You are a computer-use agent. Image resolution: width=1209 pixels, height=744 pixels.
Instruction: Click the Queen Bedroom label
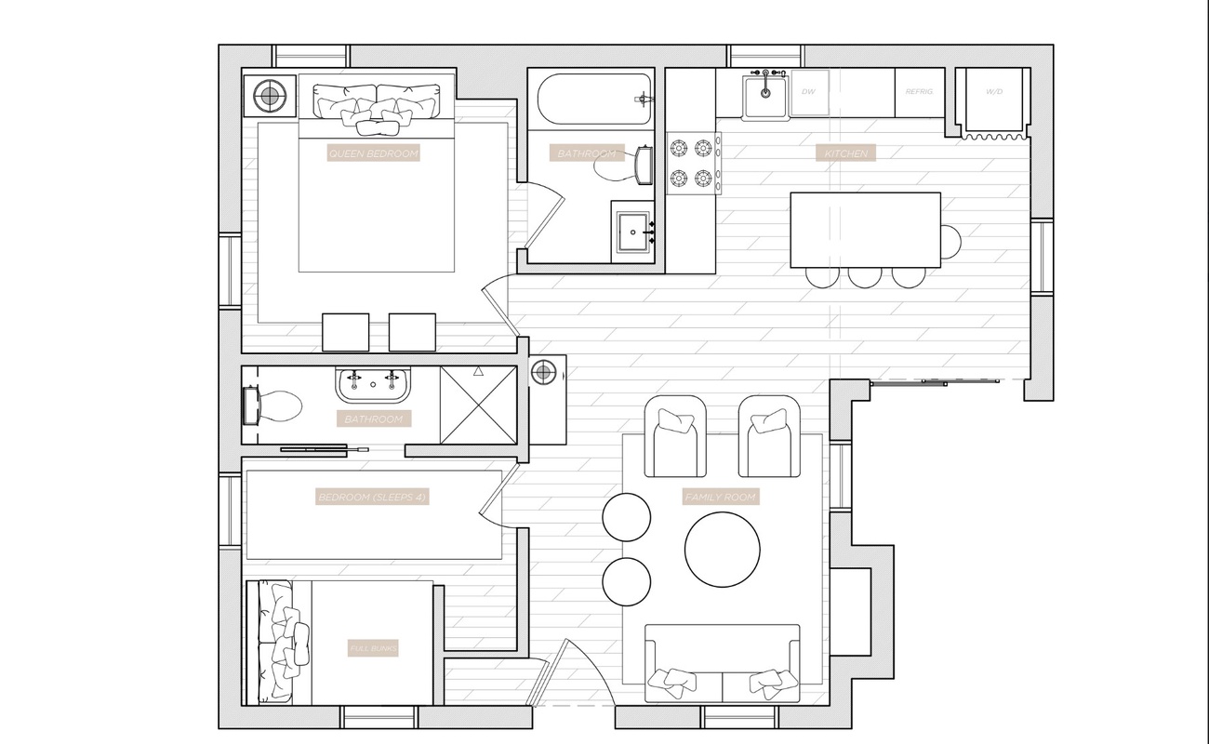[374, 153]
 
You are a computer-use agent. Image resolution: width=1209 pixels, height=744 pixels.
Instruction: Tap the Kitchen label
[845, 153]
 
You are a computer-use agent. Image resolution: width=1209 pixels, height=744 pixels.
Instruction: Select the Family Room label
[721, 498]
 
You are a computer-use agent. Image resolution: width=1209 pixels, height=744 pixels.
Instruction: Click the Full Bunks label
[373, 648]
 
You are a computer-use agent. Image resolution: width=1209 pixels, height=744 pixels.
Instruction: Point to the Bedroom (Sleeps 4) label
[372, 498]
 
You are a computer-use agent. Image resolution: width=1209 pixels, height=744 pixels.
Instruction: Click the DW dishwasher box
[809, 93]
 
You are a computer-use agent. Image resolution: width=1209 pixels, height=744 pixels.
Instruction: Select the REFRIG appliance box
[919, 93]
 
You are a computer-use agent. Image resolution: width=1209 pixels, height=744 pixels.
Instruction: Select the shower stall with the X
[477, 405]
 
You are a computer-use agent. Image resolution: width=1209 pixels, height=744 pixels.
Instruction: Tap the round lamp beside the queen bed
[270, 94]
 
